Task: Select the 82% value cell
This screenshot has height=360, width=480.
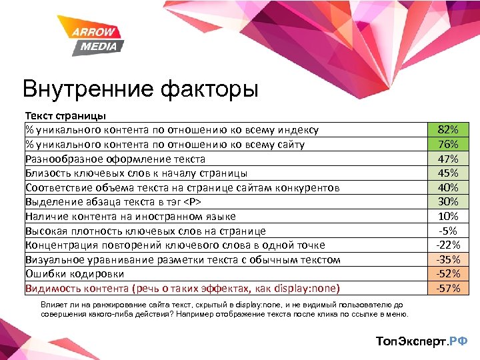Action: tap(448, 130)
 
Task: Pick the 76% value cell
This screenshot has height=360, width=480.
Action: tap(448, 145)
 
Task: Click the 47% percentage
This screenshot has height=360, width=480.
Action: tap(448, 159)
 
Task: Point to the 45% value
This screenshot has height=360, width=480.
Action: tap(448, 173)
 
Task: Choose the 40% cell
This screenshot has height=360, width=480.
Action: tap(448, 188)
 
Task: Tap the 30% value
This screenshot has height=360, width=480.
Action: tap(448, 202)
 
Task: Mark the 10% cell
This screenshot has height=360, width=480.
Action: tap(448, 217)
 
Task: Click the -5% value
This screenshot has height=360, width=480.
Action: tap(448, 231)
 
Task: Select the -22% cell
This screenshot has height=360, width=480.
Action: tap(448, 245)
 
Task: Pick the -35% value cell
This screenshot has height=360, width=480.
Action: tap(448, 259)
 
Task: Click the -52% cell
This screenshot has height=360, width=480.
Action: tap(448, 274)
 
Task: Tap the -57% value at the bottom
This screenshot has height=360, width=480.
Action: tap(448, 289)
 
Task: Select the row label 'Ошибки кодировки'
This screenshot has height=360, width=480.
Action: tap(65, 274)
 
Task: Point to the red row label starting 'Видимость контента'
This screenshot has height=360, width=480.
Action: tap(182, 289)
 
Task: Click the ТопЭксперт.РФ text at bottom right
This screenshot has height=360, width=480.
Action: tap(422, 341)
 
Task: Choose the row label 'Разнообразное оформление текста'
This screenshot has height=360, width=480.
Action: tap(115, 159)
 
